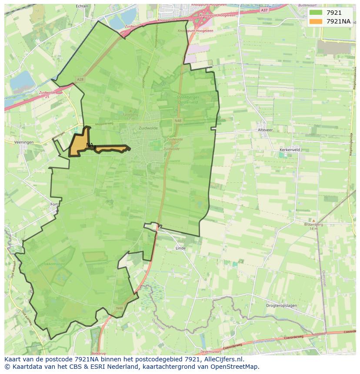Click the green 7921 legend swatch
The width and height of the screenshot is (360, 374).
pos(316,13)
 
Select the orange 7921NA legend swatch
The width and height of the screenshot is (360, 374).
pos(316,21)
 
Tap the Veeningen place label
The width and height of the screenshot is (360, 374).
pos(23,142)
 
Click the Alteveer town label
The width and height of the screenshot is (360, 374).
pos(265,130)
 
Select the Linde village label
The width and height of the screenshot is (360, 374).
pos(180,248)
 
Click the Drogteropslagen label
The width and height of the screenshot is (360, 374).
pos(281,305)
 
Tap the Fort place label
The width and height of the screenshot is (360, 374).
pos(54,204)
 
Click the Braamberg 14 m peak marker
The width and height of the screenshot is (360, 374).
pos(313,221)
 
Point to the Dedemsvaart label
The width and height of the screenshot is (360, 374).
pos(205,351)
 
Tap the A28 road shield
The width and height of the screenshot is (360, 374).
pos(79,79)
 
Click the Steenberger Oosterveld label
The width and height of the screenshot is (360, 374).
pos(188,100)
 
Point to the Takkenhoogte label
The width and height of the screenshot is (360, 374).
pos(53,264)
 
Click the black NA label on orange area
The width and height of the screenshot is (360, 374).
pos(90,145)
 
